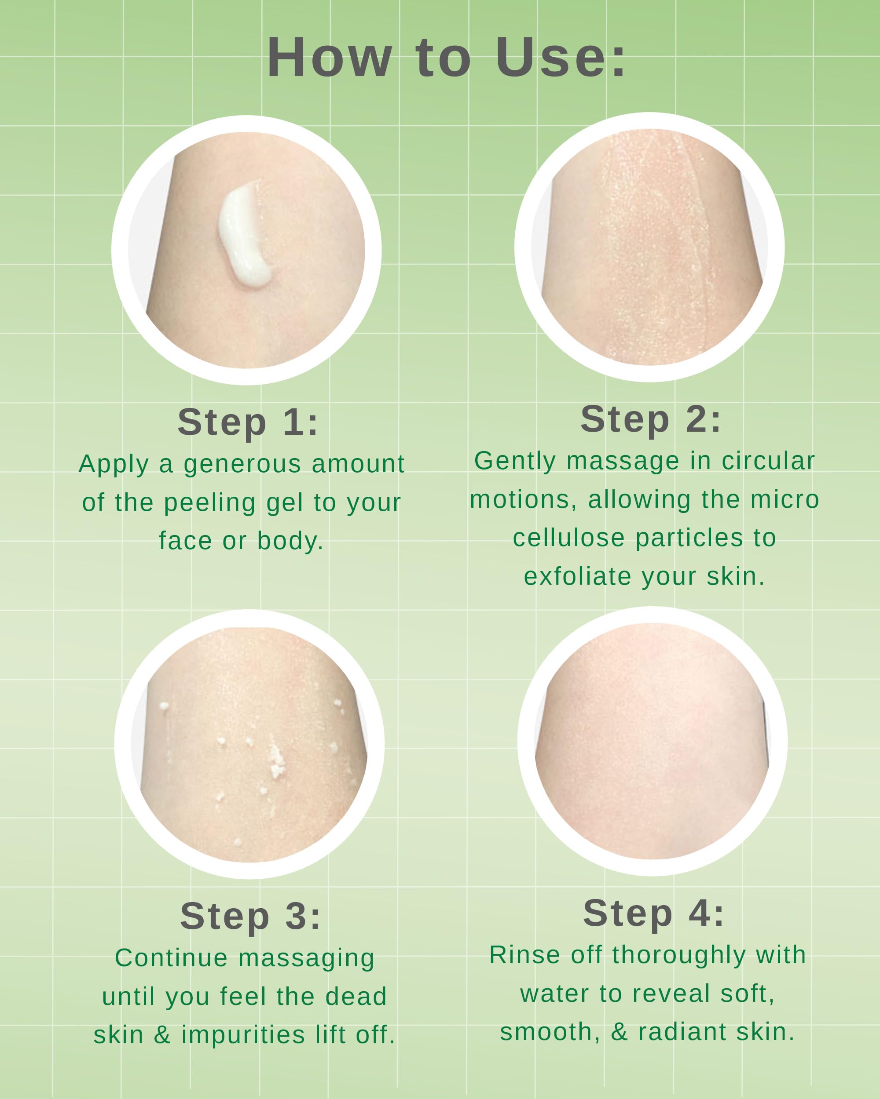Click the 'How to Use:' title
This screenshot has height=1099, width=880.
(446, 58)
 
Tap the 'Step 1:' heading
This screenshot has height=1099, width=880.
(248, 422)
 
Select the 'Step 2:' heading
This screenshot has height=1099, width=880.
(651, 419)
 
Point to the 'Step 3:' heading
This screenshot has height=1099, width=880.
(250, 916)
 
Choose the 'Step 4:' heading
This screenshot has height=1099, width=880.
(653, 913)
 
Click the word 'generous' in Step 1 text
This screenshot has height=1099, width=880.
(242, 464)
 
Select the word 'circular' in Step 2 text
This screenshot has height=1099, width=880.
(768, 461)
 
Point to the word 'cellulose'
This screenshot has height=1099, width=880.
(568, 538)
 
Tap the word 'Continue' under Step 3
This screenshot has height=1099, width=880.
(171, 958)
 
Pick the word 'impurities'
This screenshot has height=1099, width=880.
(243, 1035)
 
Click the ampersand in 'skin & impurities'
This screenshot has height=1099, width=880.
(162, 1035)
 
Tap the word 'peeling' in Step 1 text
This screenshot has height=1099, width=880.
(210, 503)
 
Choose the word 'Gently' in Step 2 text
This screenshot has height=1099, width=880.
(515, 461)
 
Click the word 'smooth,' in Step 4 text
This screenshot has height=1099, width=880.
(550, 1032)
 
